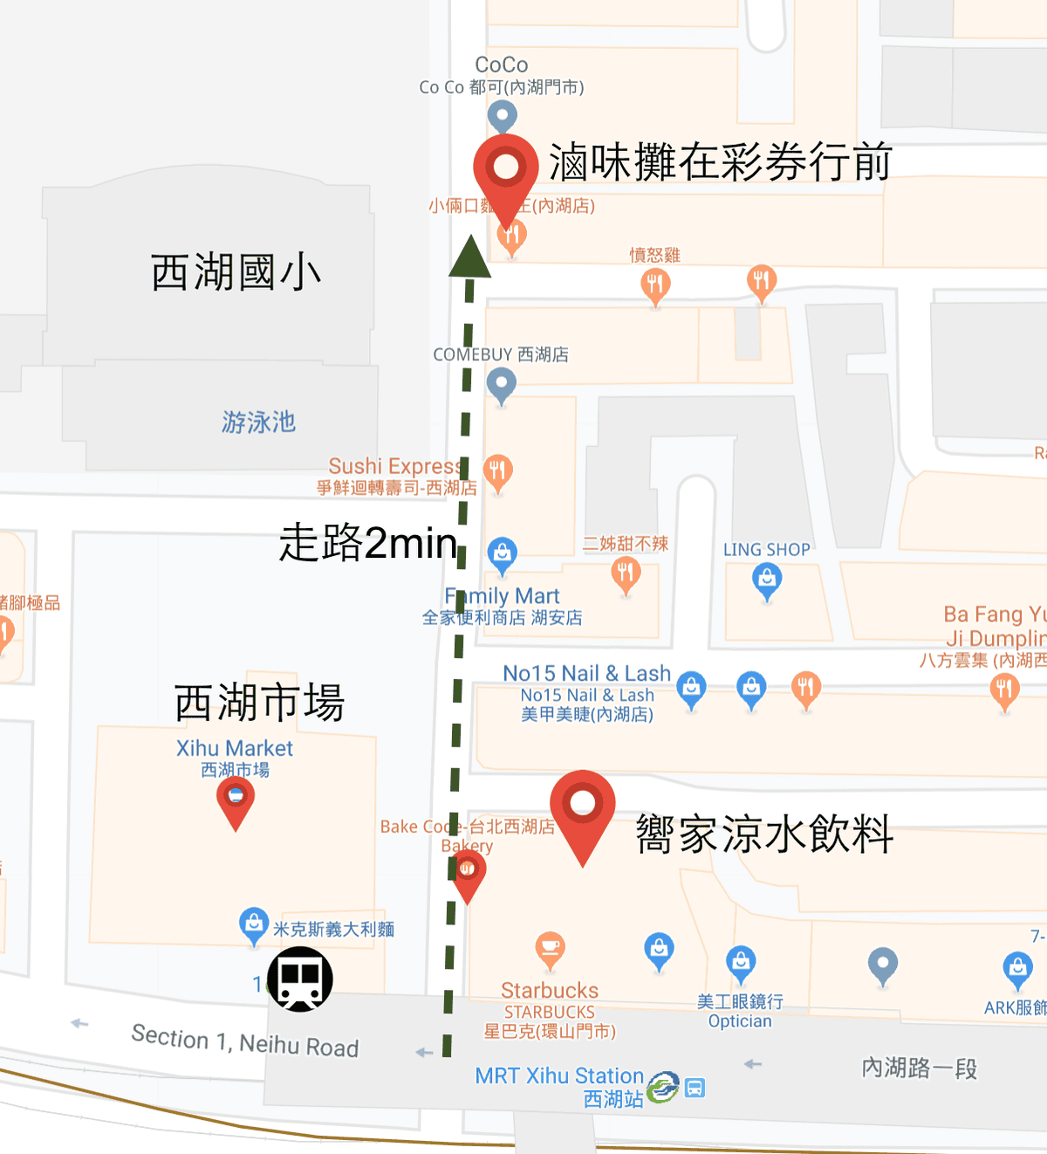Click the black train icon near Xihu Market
(299, 979)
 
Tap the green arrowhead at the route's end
(469, 258)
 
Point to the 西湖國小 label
(236, 272)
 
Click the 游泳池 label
(258, 422)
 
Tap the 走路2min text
(367, 542)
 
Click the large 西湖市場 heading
(259, 703)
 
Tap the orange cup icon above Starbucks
(550, 948)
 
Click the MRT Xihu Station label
(559, 1075)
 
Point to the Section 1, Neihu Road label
(245, 1041)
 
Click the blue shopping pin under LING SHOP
(767, 580)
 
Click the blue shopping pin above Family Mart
(502, 554)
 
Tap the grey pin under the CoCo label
(502, 116)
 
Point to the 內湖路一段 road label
(919, 1068)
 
